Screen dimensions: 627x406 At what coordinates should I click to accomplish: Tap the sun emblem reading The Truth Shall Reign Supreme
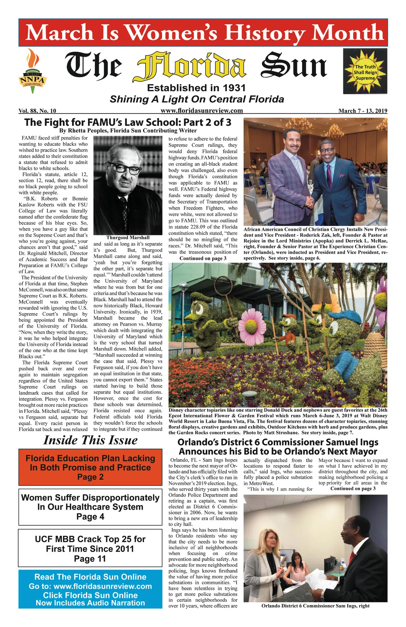365,71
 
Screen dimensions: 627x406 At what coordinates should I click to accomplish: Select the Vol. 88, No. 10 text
38,111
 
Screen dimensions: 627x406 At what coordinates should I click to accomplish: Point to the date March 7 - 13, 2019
363,111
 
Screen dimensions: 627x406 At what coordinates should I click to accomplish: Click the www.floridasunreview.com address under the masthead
202,111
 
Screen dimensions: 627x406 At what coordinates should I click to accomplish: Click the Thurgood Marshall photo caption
128,237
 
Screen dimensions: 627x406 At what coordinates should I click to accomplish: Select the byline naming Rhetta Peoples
128,130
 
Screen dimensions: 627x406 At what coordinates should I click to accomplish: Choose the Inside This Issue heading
90,440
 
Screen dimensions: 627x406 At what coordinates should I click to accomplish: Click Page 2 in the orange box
90,477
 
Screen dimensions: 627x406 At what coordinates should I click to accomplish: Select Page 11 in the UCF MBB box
90,559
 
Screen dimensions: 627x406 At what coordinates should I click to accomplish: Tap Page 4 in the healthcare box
90,516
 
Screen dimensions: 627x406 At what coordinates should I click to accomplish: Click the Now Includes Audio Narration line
90,603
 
